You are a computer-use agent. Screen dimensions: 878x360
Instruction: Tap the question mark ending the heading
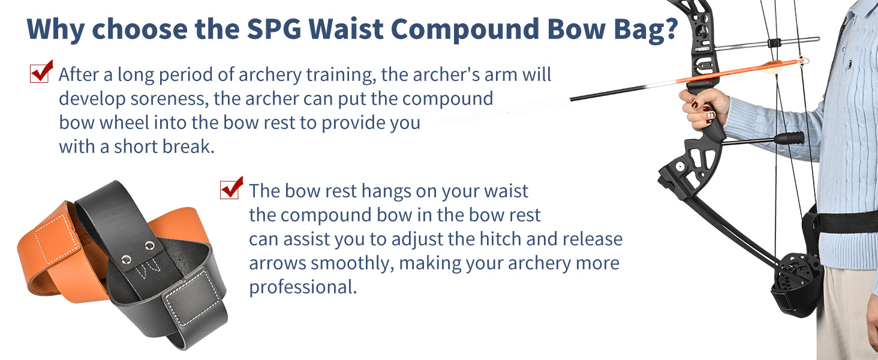click(670, 28)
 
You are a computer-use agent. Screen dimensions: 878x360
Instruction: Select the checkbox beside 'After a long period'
click(40, 73)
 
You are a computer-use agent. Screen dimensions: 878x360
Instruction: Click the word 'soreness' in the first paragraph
click(169, 98)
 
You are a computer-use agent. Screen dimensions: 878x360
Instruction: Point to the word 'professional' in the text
click(303, 287)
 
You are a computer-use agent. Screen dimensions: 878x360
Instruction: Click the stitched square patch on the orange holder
click(56, 239)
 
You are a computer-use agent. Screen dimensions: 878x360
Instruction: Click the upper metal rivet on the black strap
click(150, 246)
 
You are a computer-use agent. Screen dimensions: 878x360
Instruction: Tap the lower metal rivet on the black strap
click(126, 259)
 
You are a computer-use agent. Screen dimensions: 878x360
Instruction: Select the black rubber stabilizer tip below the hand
click(789, 138)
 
